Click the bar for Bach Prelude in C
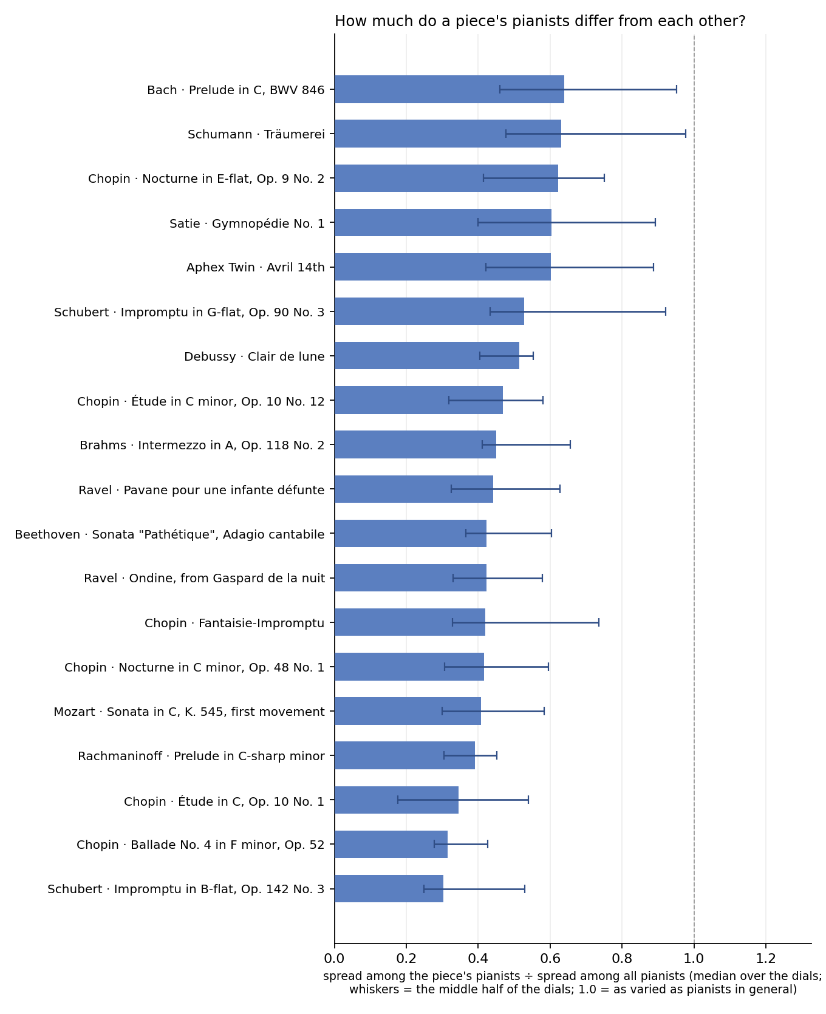pyautogui.click(x=449, y=89)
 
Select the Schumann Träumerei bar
pyautogui.click(x=448, y=134)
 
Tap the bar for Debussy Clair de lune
pyautogui.click(x=427, y=356)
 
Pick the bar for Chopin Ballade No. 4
pyautogui.click(x=391, y=844)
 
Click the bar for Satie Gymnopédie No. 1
pyautogui.click(x=443, y=223)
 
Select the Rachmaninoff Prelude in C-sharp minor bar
pyautogui.click(x=404, y=755)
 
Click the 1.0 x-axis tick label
pyautogui.click(x=694, y=958)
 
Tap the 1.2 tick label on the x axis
pyautogui.click(x=766, y=958)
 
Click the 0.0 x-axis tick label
pyautogui.click(x=335, y=958)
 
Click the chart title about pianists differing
pyautogui.click(x=540, y=21)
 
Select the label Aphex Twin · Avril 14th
pyautogui.click(x=256, y=267)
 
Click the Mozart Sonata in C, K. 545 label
pyautogui.click(x=189, y=712)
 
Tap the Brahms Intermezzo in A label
pyautogui.click(x=202, y=445)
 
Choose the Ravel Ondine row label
pyautogui.click(x=204, y=578)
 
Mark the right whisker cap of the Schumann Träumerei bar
pyautogui.click(x=686, y=134)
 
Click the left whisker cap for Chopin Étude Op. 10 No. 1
pyautogui.click(x=398, y=800)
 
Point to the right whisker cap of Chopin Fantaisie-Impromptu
pyautogui.click(x=599, y=622)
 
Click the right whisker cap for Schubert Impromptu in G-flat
pyautogui.click(x=666, y=311)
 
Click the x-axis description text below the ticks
pyautogui.click(x=573, y=983)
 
